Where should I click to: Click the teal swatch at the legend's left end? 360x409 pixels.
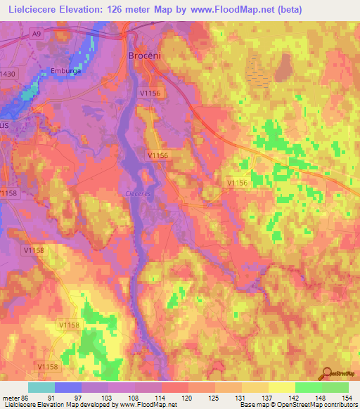(x=41, y=387)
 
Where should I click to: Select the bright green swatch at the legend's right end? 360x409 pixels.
(x=335, y=387)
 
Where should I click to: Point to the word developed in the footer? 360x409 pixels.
(x=94, y=405)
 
